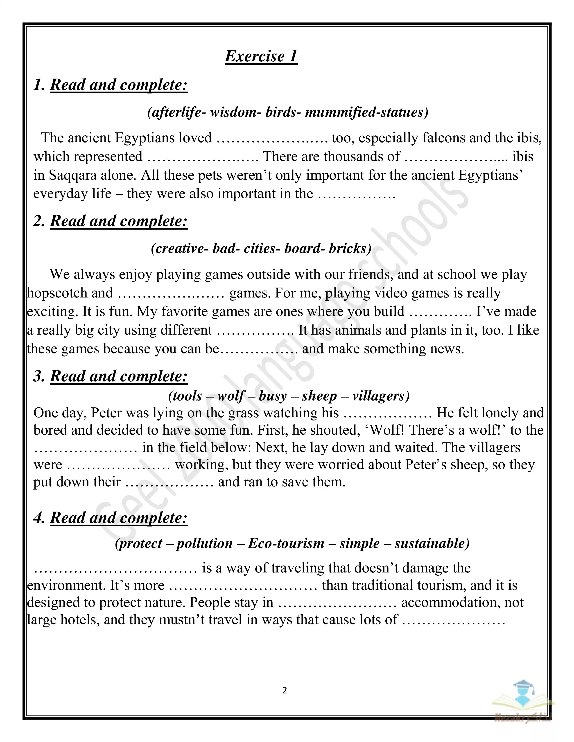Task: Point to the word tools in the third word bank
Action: click(187, 396)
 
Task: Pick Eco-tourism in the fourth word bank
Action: click(286, 543)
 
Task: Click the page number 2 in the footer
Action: click(285, 690)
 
